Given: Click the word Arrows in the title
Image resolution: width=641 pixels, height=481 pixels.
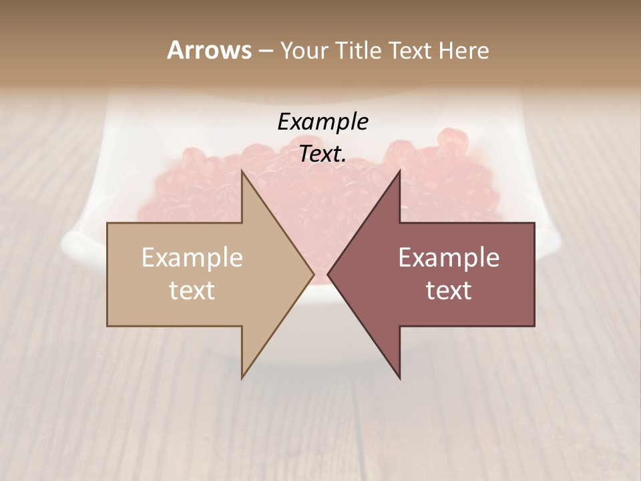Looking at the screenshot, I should click(x=209, y=50).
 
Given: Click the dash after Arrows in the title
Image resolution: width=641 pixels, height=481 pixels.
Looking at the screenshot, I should click(x=265, y=51).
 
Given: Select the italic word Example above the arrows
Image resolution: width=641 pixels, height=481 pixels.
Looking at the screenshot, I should click(x=323, y=122).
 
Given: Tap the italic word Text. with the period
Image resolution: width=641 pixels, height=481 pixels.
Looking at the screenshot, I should click(x=323, y=154).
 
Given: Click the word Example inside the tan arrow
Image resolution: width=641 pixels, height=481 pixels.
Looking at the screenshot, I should click(x=192, y=258).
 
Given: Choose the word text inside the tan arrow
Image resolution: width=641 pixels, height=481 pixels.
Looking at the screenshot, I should click(x=192, y=291).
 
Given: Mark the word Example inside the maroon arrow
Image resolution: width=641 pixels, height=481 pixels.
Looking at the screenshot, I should click(x=449, y=258).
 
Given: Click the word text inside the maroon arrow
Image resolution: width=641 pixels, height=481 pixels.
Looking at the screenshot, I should click(x=449, y=291).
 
